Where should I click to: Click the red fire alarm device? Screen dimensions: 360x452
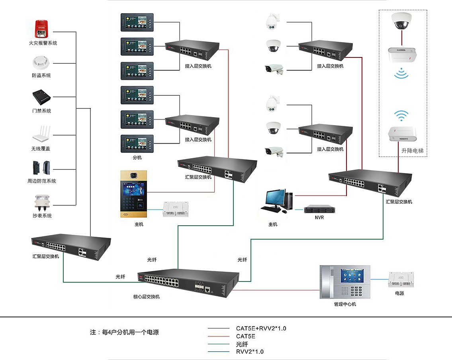[x=41, y=29]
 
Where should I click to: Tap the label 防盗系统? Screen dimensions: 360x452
[x=41, y=75]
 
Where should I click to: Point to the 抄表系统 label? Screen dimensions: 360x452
[x=42, y=216]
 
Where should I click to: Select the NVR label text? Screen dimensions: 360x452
[x=319, y=218]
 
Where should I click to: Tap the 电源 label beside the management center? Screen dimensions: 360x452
[x=399, y=293]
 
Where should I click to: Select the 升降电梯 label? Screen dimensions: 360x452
[x=412, y=151]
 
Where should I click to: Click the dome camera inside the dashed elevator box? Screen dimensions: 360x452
[x=401, y=22]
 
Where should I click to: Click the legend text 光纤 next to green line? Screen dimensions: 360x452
[x=242, y=344]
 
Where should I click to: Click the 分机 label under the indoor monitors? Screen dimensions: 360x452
[x=137, y=157]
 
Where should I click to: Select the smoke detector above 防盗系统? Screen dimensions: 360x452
[x=41, y=63]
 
